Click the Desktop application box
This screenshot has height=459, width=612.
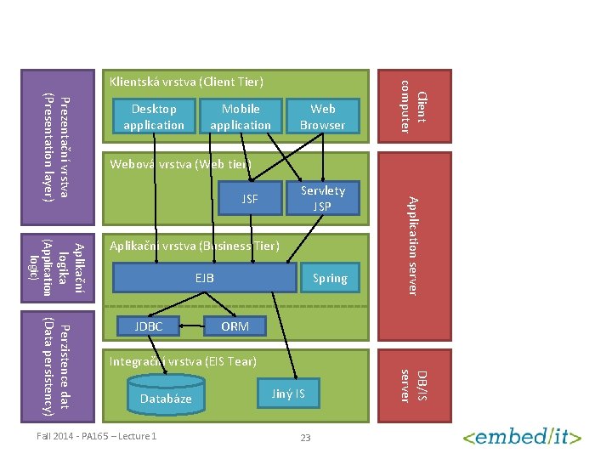153,117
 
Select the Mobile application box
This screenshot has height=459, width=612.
241,117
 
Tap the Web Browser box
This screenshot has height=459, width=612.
322,117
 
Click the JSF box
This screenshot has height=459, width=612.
250,200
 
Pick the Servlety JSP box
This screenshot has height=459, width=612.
322,199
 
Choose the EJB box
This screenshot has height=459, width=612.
205,278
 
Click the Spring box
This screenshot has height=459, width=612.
329,278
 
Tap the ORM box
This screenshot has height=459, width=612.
235,326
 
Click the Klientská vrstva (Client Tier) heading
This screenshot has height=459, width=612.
185,82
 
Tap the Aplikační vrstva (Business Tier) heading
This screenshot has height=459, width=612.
194,246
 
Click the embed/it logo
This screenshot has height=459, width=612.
522,437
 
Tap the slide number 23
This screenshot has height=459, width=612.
306,438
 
